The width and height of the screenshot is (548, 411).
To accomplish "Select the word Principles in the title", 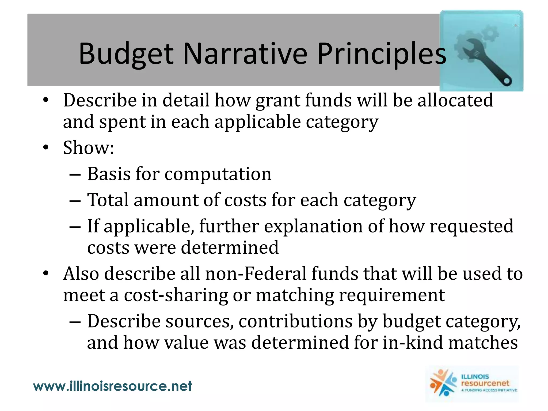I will click(x=382, y=54).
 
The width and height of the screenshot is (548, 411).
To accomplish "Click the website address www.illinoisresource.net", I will click(x=112, y=386).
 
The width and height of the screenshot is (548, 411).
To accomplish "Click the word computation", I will click(x=218, y=174).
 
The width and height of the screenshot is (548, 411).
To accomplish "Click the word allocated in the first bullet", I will click(x=455, y=100).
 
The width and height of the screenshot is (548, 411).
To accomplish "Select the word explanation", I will click(x=313, y=226).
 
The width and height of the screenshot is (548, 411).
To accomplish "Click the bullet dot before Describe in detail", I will click(x=46, y=100).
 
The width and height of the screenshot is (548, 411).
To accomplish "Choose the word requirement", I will click(x=392, y=295).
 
